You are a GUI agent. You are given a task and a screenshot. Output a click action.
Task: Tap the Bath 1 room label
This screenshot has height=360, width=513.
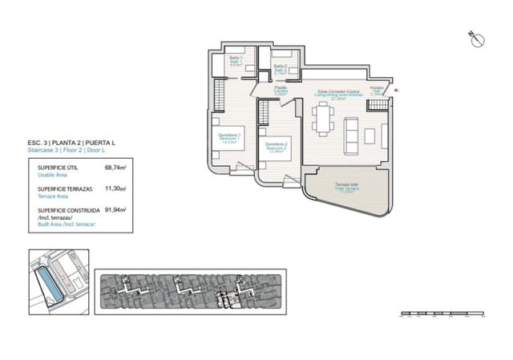pyautogui.click(x=236, y=61)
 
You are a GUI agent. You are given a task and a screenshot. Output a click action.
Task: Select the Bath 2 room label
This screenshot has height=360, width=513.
pyautogui.click(x=280, y=69)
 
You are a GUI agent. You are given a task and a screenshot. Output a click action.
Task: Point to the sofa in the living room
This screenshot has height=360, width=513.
pyautogui.click(x=351, y=136)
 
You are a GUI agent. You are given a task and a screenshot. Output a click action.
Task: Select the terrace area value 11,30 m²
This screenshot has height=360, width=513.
pyautogui.click(x=116, y=189)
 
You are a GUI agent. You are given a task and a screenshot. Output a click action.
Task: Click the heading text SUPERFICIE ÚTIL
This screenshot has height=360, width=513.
pyautogui.click(x=58, y=168)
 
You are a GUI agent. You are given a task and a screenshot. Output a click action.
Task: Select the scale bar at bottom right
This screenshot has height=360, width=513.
pyautogui.click(x=441, y=313)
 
